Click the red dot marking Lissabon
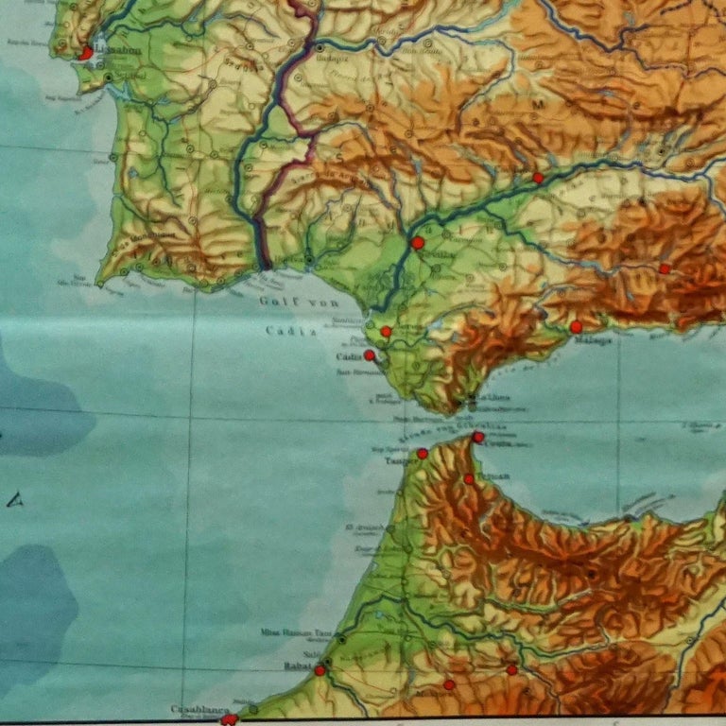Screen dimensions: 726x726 [x=86, y=54]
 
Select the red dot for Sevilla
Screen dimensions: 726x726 [x=417, y=243]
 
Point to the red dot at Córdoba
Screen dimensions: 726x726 [x=537, y=178]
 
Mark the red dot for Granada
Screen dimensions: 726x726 [x=665, y=268]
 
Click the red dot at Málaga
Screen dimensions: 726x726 [x=576, y=326]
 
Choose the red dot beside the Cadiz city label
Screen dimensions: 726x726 [x=369, y=356]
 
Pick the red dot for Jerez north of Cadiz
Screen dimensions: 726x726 [x=386, y=332]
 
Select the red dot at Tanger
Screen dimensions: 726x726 [x=422, y=454]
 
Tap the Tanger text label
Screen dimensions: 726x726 [x=397, y=462]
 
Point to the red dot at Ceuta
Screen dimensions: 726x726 [x=478, y=437]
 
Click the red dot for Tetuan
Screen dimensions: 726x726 [x=468, y=479]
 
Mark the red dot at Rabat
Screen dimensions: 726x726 [x=320, y=670]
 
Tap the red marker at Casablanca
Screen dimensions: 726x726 [x=228, y=719]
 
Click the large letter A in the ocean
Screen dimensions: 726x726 [x=14, y=500]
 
